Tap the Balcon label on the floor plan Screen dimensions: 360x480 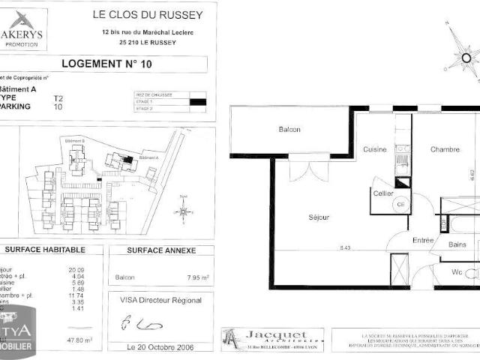click(x=289, y=130)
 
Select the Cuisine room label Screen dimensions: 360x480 click(x=375, y=150)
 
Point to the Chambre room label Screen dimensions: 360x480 click(x=445, y=150)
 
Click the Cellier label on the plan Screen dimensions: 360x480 click(x=383, y=193)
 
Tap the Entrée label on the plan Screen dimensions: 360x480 click(x=402, y=240)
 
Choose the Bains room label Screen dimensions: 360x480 click(x=457, y=244)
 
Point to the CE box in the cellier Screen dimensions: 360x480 click(x=400, y=203)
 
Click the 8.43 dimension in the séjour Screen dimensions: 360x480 click(x=345, y=247)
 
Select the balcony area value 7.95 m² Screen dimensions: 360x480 click(x=196, y=277)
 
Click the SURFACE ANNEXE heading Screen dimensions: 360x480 click(x=161, y=250)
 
